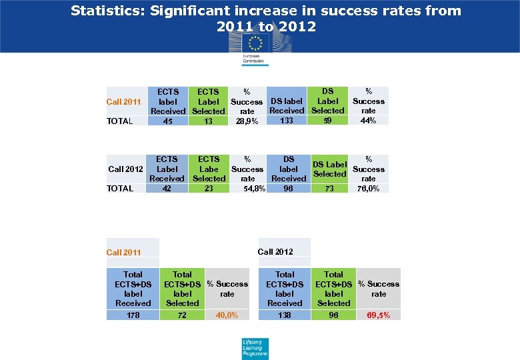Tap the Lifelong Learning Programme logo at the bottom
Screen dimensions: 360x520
[x=255, y=349]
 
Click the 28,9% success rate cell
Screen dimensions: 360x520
[x=247, y=121]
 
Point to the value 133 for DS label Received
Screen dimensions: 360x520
[x=287, y=121]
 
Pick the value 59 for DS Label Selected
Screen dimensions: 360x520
[x=327, y=121]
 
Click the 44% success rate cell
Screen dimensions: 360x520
[x=368, y=121]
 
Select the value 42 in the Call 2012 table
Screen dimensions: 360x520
[x=167, y=189]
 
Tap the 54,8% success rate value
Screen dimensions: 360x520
[x=255, y=189]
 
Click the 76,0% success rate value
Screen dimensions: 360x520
[x=369, y=189]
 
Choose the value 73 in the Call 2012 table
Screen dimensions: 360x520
[x=329, y=189]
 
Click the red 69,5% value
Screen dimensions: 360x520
[x=379, y=315]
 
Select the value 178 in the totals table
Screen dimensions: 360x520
[x=133, y=315]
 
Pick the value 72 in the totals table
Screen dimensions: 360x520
[x=182, y=315]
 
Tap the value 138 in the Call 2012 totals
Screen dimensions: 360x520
[x=285, y=315]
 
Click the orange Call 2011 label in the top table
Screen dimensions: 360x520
[x=124, y=102]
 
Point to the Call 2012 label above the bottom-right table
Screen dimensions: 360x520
[x=275, y=252]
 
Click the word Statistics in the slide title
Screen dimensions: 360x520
[x=106, y=11]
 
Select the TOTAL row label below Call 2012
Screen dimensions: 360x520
[x=120, y=189]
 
